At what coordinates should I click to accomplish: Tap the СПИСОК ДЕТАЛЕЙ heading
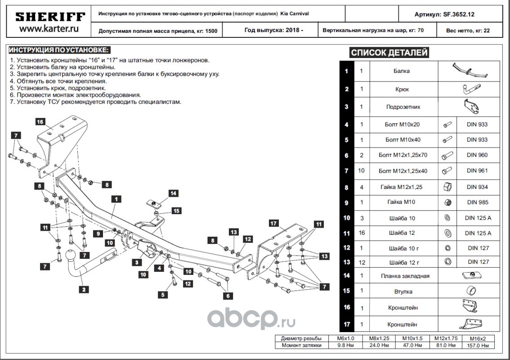pos(389,53)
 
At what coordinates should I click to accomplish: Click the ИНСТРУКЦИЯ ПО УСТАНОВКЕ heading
pos(59,49)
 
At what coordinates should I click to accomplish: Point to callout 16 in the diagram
pos(40,121)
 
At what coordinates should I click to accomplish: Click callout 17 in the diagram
pos(273,223)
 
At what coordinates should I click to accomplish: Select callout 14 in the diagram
pos(173,193)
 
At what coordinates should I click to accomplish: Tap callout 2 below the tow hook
pos(84,289)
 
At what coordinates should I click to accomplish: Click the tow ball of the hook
pos(71,255)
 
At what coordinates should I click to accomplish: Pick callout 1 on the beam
pos(116,198)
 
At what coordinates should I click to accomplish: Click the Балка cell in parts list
pos(402,71)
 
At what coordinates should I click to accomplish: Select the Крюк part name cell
pos(402,89)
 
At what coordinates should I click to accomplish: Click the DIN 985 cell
pos(477,202)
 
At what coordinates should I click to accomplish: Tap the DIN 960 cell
pos(477,155)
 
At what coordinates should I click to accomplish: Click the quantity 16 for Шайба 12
pos(362,233)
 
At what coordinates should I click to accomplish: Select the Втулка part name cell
pos(402,292)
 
